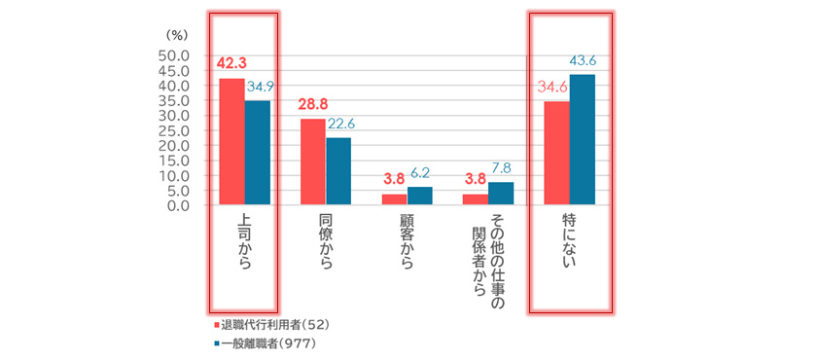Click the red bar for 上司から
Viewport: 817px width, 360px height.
(231, 142)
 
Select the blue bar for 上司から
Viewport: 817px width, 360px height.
(258, 153)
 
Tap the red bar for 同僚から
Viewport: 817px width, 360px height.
(313, 162)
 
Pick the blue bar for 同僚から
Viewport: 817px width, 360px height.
(338, 171)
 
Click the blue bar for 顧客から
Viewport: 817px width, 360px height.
(420, 197)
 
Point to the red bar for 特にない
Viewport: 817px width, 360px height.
(556, 154)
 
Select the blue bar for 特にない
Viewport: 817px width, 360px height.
(582, 140)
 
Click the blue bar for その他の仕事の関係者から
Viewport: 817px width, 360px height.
(502, 194)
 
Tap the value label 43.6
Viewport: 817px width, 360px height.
(582, 61)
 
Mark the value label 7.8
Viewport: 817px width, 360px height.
(501, 168)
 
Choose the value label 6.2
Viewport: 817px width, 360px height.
(420, 173)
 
